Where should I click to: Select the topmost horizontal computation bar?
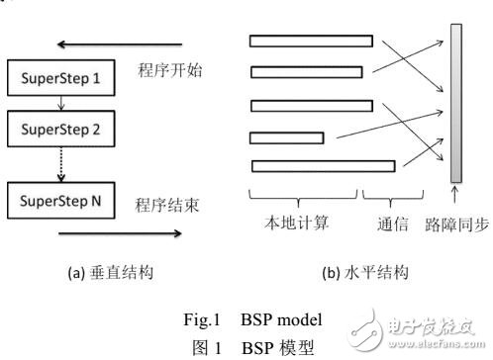[x=310, y=42]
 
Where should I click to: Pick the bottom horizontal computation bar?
[x=324, y=165]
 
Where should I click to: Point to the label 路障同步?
[x=452, y=225]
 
